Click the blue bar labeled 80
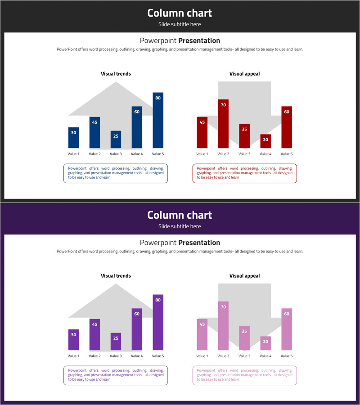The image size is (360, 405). (x=158, y=121)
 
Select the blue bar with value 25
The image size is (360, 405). (x=116, y=139)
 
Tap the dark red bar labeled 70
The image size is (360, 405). (x=223, y=124)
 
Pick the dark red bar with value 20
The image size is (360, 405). (x=265, y=141)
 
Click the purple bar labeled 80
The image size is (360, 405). (x=158, y=323)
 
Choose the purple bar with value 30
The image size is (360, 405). (x=74, y=340)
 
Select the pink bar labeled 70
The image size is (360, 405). (x=223, y=326)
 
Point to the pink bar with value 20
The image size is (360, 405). (x=265, y=343)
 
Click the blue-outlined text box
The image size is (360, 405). (x=116, y=174)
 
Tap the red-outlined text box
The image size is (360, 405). (x=244, y=174)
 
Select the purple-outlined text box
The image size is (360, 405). (x=116, y=376)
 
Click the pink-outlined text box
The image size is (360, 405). (x=244, y=376)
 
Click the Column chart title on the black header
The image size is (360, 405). (x=180, y=13)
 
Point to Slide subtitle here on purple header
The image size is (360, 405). (x=180, y=226)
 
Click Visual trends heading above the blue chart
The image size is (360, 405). (x=116, y=74)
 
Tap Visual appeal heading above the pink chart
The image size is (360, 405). (x=244, y=276)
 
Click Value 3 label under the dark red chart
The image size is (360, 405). (x=244, y=154)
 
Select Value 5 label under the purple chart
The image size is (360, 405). (x=158, y=356)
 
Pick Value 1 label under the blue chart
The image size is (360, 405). (x=73, y=154)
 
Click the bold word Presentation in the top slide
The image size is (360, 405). (x=199, y=40)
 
